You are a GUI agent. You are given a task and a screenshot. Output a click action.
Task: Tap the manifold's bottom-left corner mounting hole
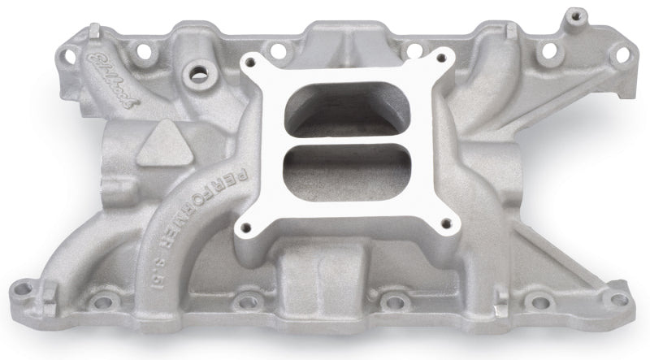point(31,289)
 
